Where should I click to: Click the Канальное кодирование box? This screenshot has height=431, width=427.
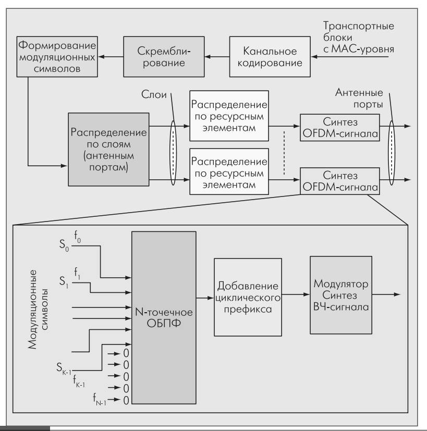(270, 58)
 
